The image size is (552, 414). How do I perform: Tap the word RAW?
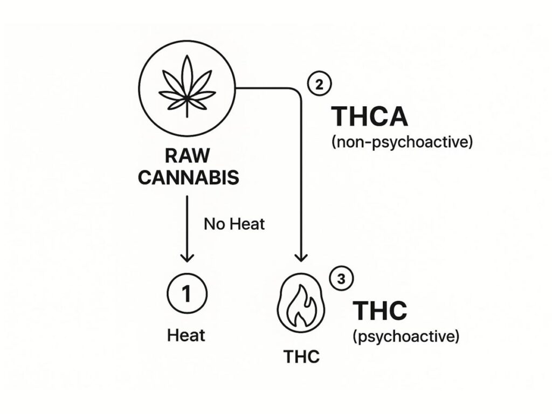click(x=187, y=156)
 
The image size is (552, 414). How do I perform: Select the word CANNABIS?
click(x=188, y=178)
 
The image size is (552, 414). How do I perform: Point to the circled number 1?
click(x=187, y=294)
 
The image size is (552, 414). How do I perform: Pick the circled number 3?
click(x=341, y=280)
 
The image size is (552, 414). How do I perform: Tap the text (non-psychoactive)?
click(x=401, y=142)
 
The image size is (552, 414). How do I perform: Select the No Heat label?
click(x=234, y=223)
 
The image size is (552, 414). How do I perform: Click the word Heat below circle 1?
click(x=186, y=335)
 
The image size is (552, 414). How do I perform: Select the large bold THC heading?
click(x=379, y=311)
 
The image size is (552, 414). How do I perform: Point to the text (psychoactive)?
click(x=406, y=337)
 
